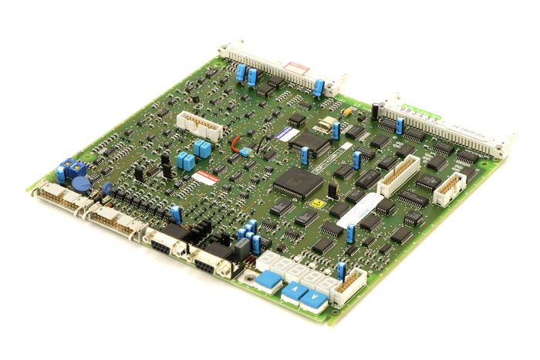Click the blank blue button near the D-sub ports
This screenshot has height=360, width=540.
pos(268,279)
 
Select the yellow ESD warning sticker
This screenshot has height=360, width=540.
pos(316,204)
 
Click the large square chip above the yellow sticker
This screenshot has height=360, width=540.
pos(297,182)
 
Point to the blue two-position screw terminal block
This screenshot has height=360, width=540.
pos(74,168)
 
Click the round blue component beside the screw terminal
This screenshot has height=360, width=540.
pos(80,183)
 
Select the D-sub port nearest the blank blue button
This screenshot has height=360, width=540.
pos(211,264)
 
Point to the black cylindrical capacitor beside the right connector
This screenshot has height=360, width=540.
pos(375,110)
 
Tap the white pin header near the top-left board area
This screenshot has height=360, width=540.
pos(199,126)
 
